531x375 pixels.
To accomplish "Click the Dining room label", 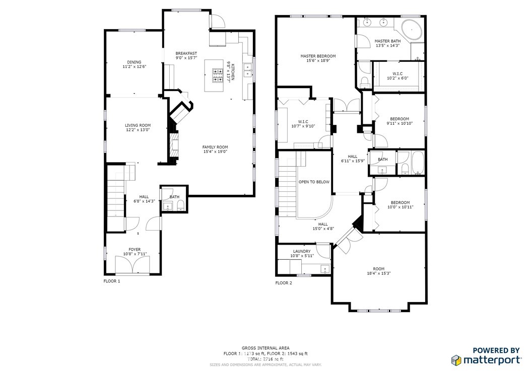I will pos(134,62).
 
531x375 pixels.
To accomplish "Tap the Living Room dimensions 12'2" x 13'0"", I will pos(138,130).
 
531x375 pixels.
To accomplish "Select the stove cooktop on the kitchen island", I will pos(218,76).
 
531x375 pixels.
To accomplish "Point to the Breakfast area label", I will pos(186,53).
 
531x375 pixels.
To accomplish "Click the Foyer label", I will pos(135,249).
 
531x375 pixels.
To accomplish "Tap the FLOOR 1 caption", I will pos(112,281).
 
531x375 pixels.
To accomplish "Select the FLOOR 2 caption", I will pos(284,283).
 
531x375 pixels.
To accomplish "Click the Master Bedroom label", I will pos(318,56).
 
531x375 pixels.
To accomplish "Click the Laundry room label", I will pos(302,251).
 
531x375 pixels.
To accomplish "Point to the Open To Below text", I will pos(314,182).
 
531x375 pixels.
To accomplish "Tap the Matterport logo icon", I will pos(456,360).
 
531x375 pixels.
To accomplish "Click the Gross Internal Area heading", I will pos(265,348).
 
